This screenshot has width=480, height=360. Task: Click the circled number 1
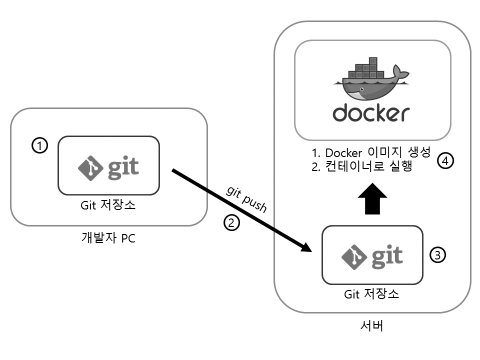pyautogui.click(x=39, y=145)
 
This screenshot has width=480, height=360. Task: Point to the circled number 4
pyautogui.click(x=445, y=161)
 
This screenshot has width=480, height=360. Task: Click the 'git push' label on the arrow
pyautogui.click(x=246, y=198)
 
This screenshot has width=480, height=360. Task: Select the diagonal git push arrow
pyautogui.click(x=240, y=209)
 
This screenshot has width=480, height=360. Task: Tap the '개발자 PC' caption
pyautogui.click(x=108, y=238)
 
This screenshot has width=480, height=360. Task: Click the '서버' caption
pyautogui.click(x=372, y=327)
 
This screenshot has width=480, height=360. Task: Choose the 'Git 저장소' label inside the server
pyautogui.click(x=371, y=294)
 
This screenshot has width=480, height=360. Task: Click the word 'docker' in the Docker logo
pyautogui.click(x=371, y=112)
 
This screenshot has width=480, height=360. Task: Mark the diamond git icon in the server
pyautogui.click(x=353, y=256)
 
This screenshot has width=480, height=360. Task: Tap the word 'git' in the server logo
pyautogui.click(x=386, y=256)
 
